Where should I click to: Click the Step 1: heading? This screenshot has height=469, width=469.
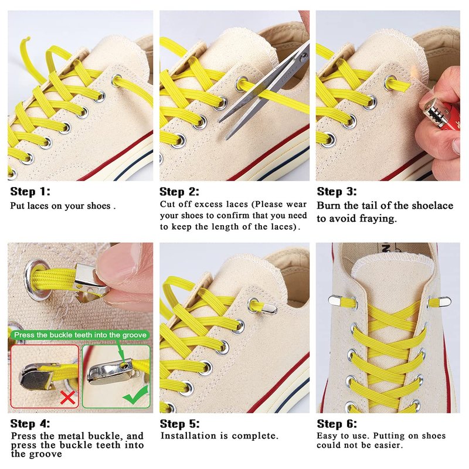[x=30, y=192]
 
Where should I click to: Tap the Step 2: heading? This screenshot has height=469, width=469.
[x=179, y=192]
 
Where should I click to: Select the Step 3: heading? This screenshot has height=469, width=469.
[x=337, y=192]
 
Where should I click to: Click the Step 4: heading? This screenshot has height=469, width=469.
[x=30, y=423]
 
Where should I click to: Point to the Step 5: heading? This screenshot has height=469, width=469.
[x=179, y=423]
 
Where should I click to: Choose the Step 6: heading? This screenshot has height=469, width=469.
[x=337, y=423]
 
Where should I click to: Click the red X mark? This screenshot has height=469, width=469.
[x=67, y=397]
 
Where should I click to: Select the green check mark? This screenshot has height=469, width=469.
[x=136, y=395]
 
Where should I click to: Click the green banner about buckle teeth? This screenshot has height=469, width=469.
[x=80, y=335]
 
